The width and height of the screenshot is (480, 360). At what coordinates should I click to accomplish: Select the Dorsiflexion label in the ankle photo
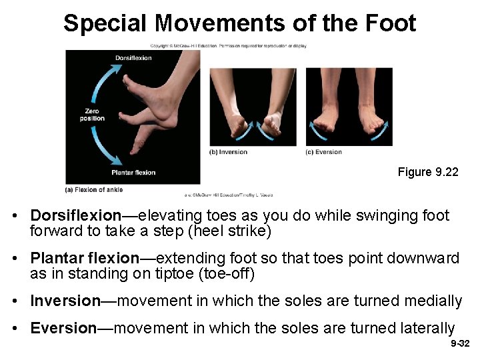[133, 58]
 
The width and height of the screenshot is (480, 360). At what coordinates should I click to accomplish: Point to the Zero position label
[95, 115]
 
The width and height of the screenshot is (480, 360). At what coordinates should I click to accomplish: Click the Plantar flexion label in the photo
[133, 173]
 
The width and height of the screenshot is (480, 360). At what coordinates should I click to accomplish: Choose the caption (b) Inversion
[229, 152]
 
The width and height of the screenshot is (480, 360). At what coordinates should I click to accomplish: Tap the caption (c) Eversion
[324, 152]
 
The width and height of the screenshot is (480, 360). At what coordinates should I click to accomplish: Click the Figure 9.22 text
[428, 172]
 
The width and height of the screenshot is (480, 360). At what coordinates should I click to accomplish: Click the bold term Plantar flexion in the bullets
[85, 258]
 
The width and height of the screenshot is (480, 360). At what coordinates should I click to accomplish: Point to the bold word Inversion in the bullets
[65, 301]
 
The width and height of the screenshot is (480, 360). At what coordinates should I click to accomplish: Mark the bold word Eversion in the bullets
[64, 328]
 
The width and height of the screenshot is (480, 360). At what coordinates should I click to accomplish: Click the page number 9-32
[460, 344]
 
